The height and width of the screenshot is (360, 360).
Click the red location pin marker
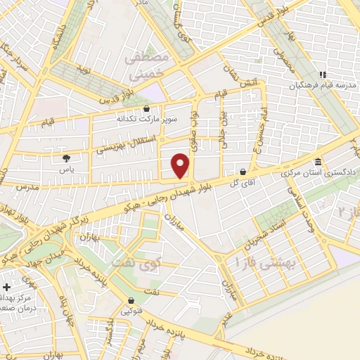(181, 166)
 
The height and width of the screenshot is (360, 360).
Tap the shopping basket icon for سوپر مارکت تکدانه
(146, 109)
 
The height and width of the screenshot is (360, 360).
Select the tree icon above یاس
(66, 159)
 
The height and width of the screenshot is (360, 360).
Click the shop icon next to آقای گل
(243, 171)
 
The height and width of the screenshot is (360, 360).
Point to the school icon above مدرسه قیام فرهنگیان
(323, 75)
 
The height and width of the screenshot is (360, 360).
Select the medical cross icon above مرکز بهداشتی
(7, 288)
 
